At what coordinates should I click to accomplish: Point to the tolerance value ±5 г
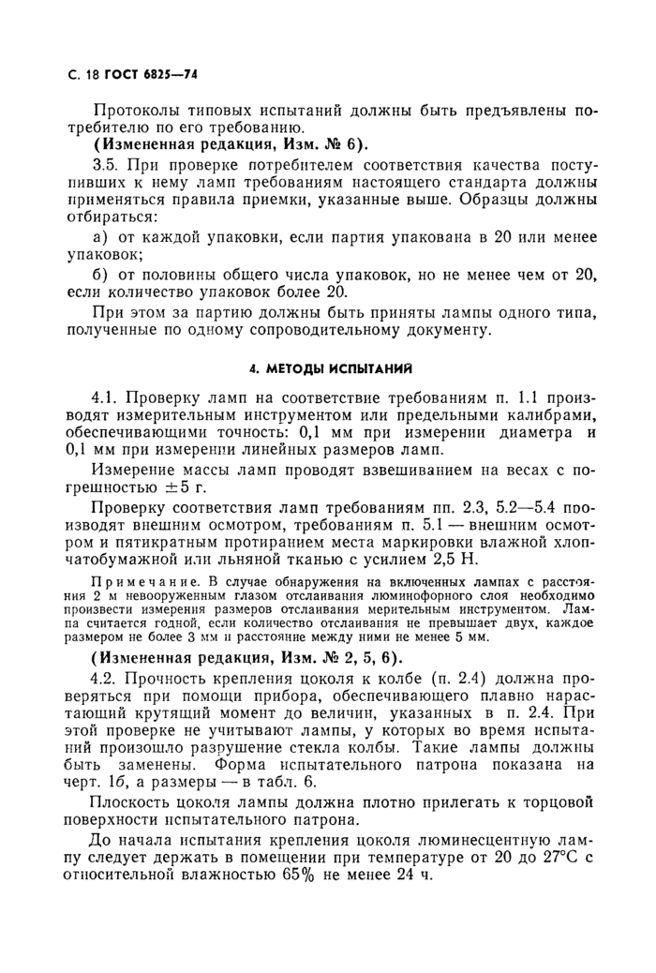tap(185, 488)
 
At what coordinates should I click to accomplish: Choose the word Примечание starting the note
tap(134, 581)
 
